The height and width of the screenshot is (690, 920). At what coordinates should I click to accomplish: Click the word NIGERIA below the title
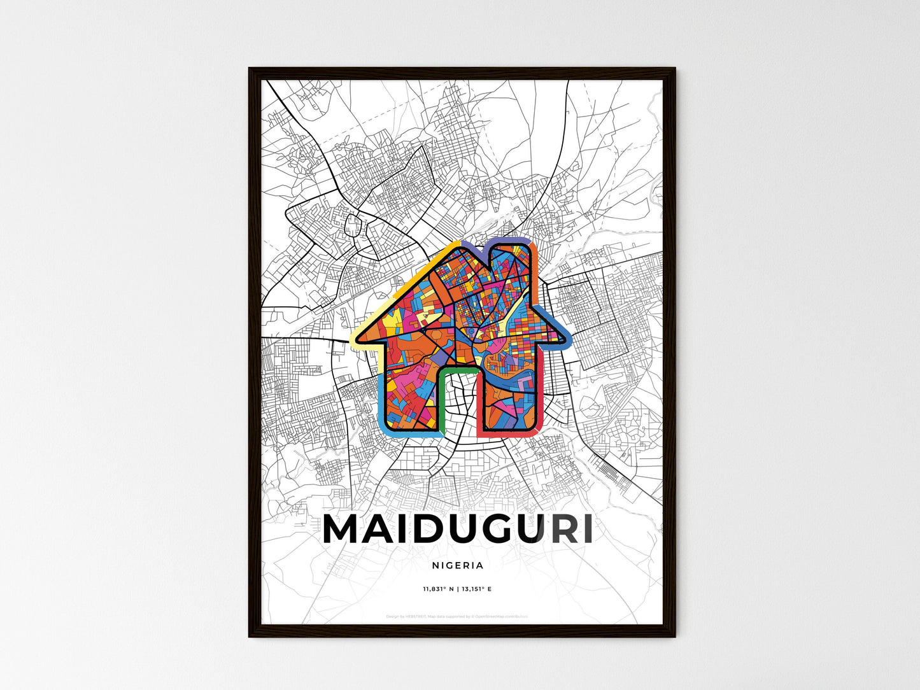click(x=457, y=565)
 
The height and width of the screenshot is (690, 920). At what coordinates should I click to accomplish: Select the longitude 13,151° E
click(x=476, y=589)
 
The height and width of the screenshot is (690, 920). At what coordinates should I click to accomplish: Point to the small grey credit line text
click(x=457, y=616)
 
